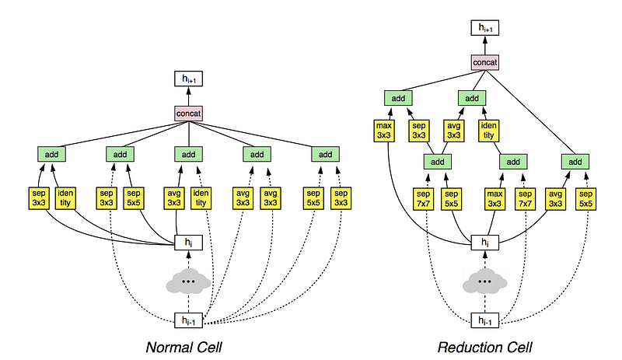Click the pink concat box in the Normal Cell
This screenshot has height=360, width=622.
pyautogui.click(x=188, y=114)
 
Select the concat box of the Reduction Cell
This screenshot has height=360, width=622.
pyautogui.click(x=484, y=63)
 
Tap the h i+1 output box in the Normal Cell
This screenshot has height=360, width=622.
pyautogui.click(x=188, y=79)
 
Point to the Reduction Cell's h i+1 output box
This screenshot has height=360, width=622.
pyautogui.click(x=484, y=28)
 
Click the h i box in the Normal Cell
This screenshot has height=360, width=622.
pyautogui.click(x=188, y=243)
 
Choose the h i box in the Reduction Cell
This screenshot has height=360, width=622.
pyautogui.click(x=484, y=243)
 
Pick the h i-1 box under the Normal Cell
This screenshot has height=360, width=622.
pyautogui.click(x=188, y=320)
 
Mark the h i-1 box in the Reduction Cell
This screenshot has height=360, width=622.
pyautogui.click(x=484, y=320)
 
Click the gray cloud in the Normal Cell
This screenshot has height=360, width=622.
pyautogui.click(x=188, y=281)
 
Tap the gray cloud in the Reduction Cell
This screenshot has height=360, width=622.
pyautogui.click(x=484, y=281)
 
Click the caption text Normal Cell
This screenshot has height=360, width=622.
pyautogui.click(x=183, y=348)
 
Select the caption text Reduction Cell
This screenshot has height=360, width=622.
pyautogui.click(x=484, y=348)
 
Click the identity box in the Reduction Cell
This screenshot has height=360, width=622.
pyautogui.click(x=489, y=131)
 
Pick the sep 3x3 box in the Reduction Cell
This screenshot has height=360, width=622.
pyautogui.click(x=419, y=131)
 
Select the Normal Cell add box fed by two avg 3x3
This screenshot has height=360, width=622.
pyautogui.click(x=257, y=155)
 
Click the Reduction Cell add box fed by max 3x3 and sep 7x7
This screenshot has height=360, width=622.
pyautogui.click(x=513, y=162)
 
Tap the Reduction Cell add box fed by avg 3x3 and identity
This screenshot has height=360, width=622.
pyautogui.click(x=472, y=98)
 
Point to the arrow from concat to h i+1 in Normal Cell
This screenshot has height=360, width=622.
pyautogui.click(x=188, y=96)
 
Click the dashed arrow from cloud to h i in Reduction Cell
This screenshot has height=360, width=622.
pyautogui.click(x=484, y=260)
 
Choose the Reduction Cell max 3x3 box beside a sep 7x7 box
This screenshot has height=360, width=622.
pyautogui.click(x=494, y=199)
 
